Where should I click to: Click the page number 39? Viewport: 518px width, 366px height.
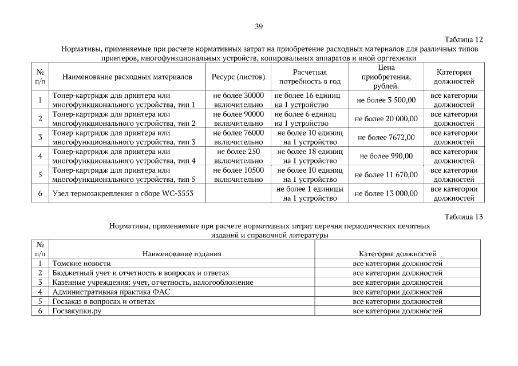(259, 26)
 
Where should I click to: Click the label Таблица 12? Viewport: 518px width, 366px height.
(464, 39)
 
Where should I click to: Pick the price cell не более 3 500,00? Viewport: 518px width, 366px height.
(386, 100)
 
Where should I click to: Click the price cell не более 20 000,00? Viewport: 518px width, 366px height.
(386, 118)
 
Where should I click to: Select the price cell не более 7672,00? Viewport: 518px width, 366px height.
(386, 137)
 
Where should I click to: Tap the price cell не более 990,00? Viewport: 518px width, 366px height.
(386, 156)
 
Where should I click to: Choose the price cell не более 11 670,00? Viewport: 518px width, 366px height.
(386, 175)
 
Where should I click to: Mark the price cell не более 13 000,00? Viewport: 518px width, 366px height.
(386, 194)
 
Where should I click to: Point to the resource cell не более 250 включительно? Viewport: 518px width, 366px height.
(238, 156)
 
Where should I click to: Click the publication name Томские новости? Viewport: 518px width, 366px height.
(81, 264)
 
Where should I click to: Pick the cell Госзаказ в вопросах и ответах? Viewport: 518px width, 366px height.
(103, 301)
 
